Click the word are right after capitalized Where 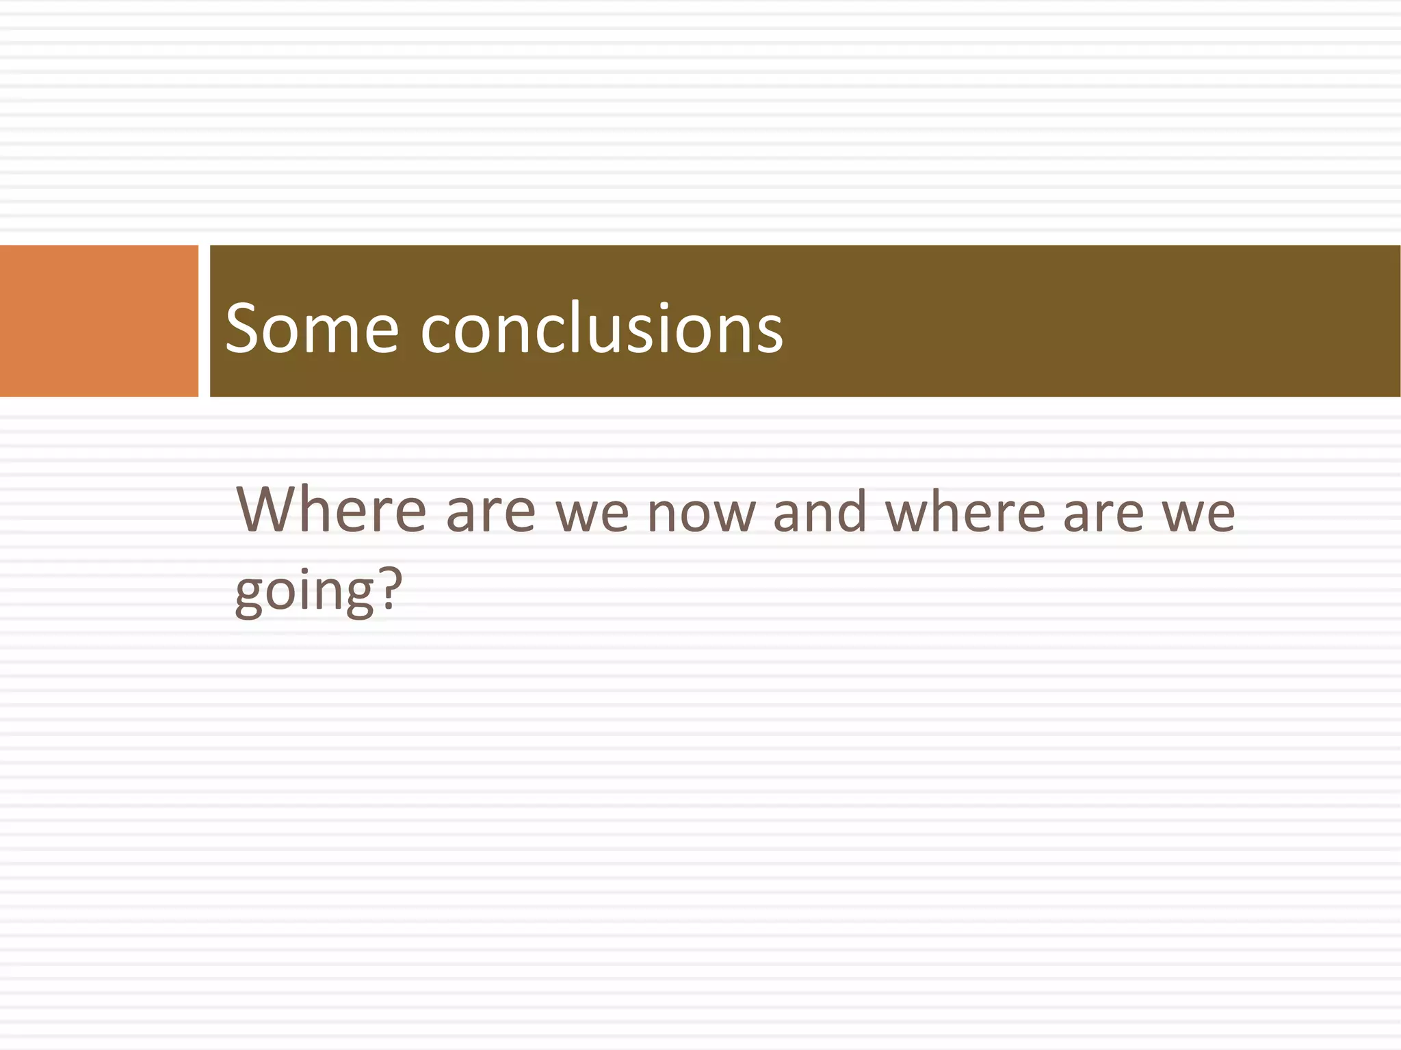[x=490, y=513]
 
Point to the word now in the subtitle [x=700, y=514]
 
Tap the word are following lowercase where [x=1103, y=514]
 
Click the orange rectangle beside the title [x=99, y=321]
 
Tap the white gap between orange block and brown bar [x=204, y=321]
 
